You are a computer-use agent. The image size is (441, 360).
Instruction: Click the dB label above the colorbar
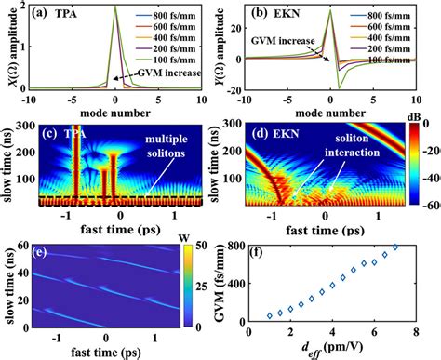click(x=409, y=118)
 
